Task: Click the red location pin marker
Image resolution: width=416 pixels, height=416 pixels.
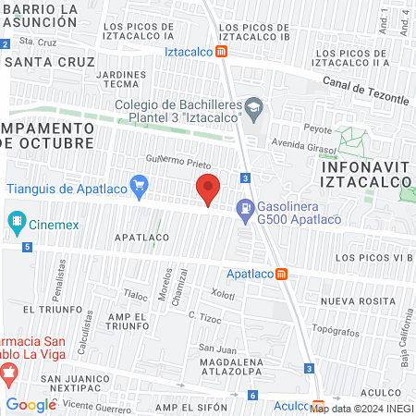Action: coord(209,189)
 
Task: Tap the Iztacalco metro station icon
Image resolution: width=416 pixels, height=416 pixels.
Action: coord(223,52)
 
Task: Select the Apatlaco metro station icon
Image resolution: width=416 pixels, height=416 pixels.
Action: coord(281,274)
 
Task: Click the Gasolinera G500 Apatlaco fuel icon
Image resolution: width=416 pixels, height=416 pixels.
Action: coord(245,211)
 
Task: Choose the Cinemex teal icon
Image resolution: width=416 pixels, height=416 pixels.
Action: coord(16,222)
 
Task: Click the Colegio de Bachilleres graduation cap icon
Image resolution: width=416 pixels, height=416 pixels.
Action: coord(251,109)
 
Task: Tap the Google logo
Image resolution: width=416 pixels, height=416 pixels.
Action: coord(31,405)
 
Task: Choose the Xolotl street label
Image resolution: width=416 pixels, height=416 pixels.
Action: coord(223,294)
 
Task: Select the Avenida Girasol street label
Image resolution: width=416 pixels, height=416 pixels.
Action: coord(309,144)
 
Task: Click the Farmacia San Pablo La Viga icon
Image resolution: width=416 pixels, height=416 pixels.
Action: coord(9,375)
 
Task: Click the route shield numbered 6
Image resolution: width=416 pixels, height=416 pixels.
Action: coord(252,395)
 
